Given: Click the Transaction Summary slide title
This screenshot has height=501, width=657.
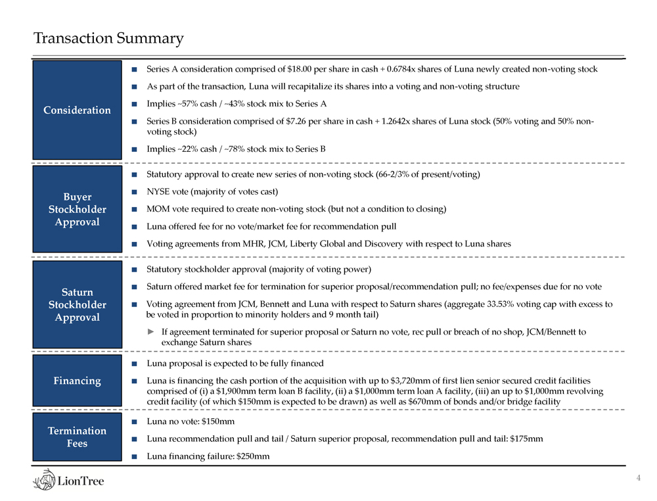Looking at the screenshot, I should tap(109, 39).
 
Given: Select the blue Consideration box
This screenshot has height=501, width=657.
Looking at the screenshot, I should tap(77, 110).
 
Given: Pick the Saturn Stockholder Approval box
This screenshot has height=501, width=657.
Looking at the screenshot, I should tap(77, 304).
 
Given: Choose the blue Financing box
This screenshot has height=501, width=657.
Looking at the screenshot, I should tap(77, 381).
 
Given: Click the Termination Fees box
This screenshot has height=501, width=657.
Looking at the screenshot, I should tap(77, 437).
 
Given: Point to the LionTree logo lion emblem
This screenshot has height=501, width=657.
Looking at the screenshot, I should tap(46, 480).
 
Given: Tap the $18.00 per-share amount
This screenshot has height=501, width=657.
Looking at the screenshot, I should tap(300, 69).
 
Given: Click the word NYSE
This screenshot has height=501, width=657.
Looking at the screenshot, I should tap(158, 191).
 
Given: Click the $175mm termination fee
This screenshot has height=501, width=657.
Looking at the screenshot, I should tap(528, 439).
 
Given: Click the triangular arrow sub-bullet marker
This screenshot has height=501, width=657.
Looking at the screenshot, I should tap(151, 332).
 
